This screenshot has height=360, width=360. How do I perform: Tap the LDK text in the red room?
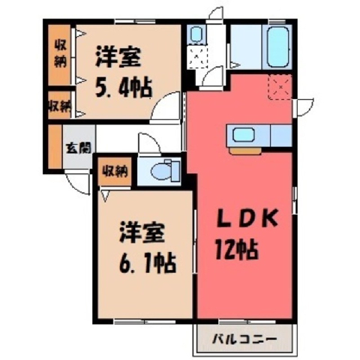[247, 219]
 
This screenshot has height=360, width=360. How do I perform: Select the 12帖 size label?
[236, 249]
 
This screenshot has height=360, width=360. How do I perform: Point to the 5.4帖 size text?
[124, 88]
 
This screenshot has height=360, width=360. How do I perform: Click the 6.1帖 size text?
[148, 262]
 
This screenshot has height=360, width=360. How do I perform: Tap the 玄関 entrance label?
[78, 148]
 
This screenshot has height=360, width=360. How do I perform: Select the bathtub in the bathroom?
[278, 46]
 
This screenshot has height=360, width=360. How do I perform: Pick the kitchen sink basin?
[244, 135]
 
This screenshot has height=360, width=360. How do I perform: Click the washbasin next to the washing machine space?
[196, 34]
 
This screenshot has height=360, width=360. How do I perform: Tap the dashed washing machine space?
[197, 57]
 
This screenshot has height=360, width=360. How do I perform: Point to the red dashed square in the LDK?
[280, 87]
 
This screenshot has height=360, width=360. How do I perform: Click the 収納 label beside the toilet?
[115, 172]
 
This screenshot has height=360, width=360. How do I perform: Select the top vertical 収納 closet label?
[61, 54]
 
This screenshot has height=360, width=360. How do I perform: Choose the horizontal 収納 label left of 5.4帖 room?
[60, 106]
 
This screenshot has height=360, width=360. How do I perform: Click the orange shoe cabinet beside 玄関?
[55, 146]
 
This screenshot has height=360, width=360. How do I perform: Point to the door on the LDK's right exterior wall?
[303, 107]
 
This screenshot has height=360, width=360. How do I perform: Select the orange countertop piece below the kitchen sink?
[245, 151]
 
